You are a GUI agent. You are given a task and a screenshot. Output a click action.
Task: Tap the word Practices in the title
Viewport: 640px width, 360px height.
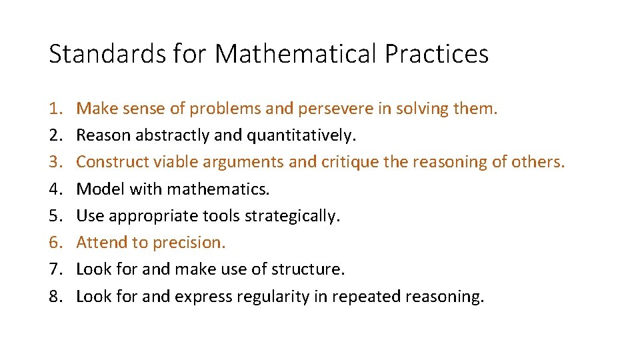(x=437, y=54)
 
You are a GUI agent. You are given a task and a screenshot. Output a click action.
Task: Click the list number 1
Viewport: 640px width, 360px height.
(x=55, y=109)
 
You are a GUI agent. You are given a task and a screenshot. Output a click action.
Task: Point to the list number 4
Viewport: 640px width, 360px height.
(x=55, y=189)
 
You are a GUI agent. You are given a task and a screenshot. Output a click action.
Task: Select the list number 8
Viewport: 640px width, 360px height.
(x=55, y=297)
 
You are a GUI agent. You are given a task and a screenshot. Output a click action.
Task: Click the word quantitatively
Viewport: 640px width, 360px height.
(x=302, y=135)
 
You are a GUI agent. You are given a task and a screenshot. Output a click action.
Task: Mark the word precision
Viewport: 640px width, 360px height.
(x=189, y=243)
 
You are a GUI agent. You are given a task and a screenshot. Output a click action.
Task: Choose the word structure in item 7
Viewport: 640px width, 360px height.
(x=311, y=269)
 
